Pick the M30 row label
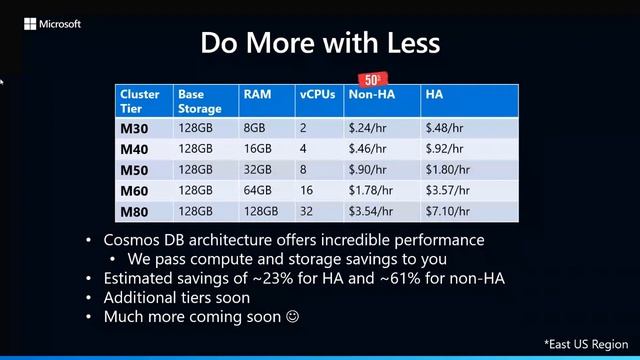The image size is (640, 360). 134,128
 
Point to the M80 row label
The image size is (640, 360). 134,211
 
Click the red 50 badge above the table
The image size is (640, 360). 371,79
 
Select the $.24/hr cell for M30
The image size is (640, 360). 367,128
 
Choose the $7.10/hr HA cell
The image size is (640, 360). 447,211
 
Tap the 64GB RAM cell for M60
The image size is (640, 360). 257,190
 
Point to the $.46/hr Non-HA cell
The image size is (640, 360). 367,148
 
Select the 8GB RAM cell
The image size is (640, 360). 254,128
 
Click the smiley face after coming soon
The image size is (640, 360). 293,316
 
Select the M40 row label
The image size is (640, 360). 134,149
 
